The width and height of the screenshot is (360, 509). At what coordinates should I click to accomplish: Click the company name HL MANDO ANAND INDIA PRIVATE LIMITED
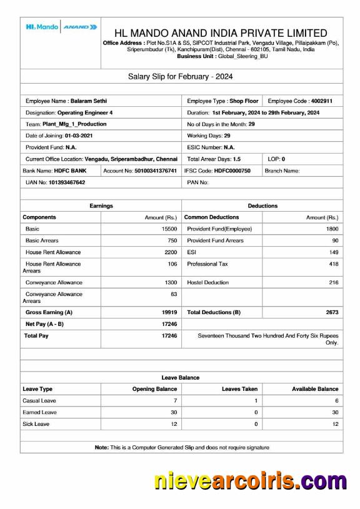221,33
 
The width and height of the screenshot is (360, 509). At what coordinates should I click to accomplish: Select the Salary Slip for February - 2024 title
181,77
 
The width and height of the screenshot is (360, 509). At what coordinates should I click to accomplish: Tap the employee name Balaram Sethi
89,101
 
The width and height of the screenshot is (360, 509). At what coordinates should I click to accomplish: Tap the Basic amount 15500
169,229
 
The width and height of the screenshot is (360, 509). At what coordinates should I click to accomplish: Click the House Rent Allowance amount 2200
171,252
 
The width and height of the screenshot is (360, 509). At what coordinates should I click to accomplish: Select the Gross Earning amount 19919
169,312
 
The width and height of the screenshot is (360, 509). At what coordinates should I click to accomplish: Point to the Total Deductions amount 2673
332,312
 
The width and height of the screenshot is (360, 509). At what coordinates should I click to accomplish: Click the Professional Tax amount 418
334,264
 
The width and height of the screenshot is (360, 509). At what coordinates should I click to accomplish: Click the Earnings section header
101,205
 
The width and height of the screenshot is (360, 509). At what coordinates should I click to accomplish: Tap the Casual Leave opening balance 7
175,400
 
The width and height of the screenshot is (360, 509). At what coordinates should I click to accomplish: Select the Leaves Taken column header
240,389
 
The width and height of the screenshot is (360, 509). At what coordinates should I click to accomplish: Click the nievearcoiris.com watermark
250,482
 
